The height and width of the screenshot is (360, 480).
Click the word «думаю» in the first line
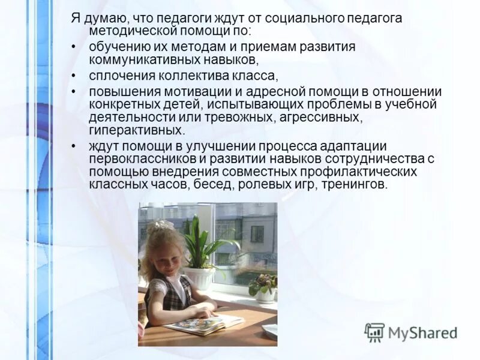[100, 18]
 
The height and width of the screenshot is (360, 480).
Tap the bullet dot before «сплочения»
[73, 76]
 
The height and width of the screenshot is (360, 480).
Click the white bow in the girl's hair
[157, 226]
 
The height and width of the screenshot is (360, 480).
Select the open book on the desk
[204, 323]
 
